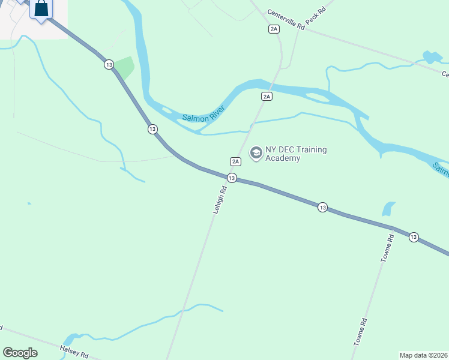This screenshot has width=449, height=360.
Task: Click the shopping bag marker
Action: (x=41, y=9)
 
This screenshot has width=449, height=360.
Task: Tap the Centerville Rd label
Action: (x=287, y=20)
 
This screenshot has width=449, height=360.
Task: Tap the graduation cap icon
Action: (x=256, y=153)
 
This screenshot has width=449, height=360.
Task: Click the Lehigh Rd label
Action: (x=220, y=200)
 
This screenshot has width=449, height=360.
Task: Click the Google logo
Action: (x=20, y=353)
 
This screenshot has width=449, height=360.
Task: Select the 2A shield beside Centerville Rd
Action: (x=274, y=29)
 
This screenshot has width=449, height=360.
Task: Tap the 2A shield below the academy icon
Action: (x=235, y=161)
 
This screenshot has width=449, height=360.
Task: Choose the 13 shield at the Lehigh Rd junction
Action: (x=232, y=178)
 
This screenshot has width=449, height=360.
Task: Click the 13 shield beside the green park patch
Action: (x=108, y=64)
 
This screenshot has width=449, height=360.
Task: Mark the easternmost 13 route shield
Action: (x=414, y=238)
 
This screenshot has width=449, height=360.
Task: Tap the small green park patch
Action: (x=124, y=67)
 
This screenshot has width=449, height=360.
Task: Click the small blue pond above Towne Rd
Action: (x=389, y=209)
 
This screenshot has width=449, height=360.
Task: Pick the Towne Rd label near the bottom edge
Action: (x=360, y=331)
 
